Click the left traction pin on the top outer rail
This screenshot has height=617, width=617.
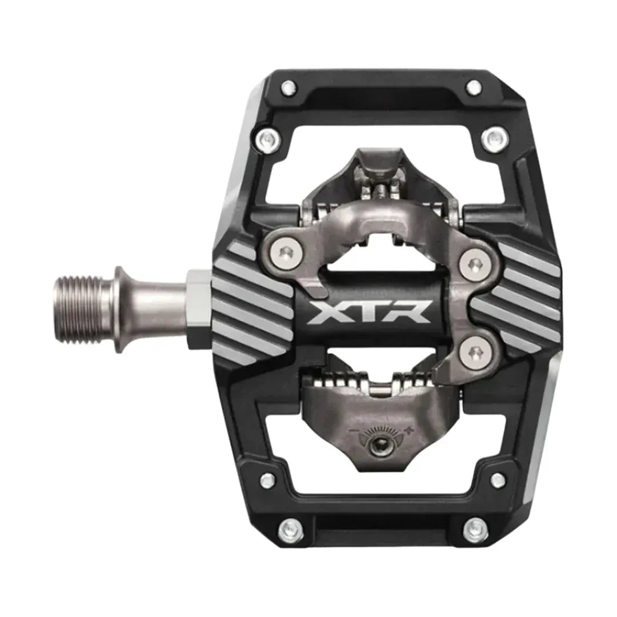tap(289, 87)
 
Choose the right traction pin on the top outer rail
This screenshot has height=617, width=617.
tap(474, 87)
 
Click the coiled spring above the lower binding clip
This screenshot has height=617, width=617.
tap(374, 380)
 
